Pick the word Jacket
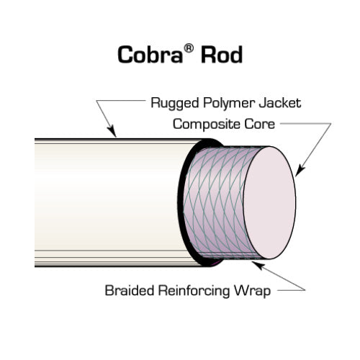(279, 103)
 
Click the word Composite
(205, 124)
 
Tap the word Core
(258, 124)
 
